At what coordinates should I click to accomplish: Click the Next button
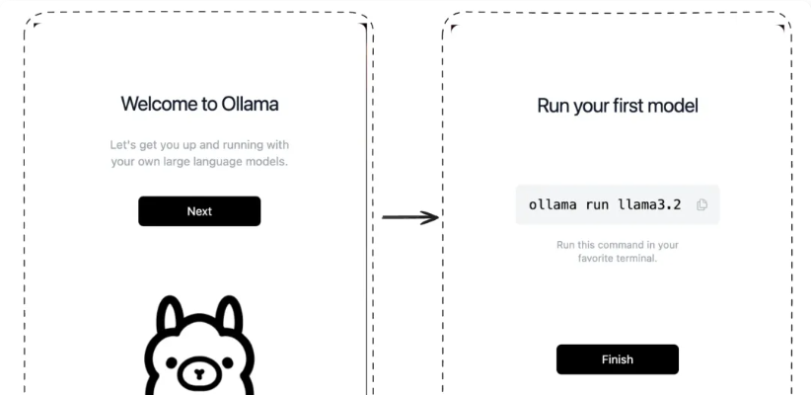point(199,211)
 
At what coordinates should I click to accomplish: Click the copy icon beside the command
point(701,204)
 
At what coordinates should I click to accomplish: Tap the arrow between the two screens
point(410,217)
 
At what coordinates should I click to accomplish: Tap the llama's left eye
point(171,361)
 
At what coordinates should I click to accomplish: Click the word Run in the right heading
point(553,106)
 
